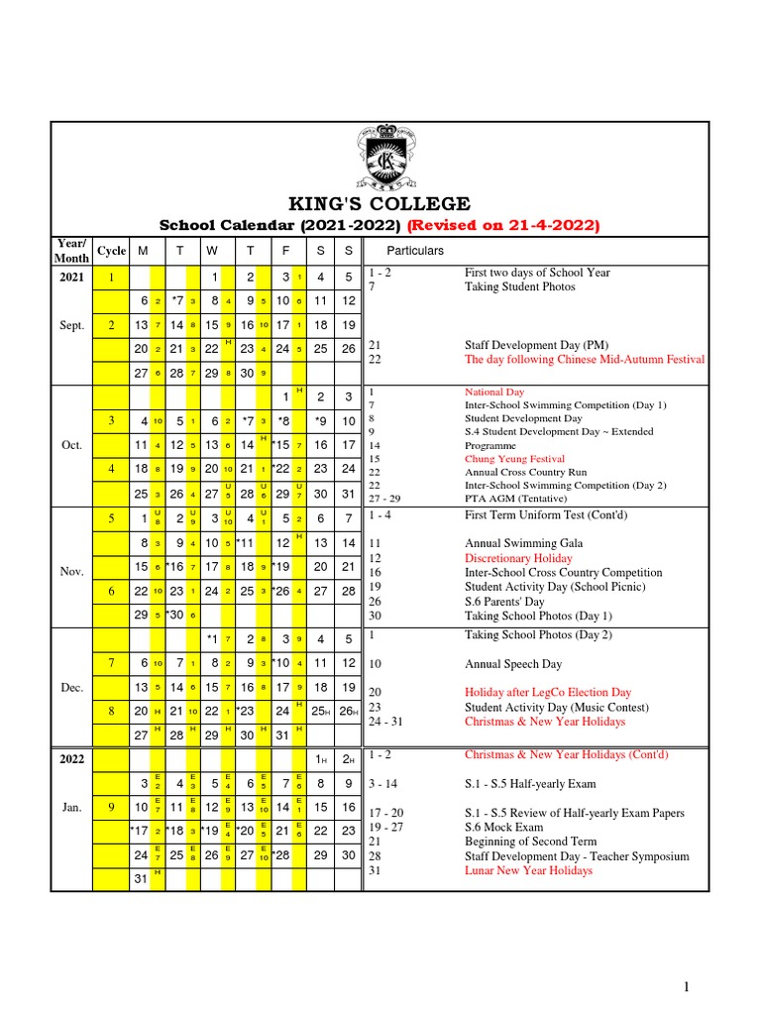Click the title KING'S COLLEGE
click(x=380, y=204)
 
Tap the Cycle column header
click(x=111, y=251)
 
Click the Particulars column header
click(x=414, y=251)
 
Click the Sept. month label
click(x=71, y=324)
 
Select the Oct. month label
click(x=71, y=445)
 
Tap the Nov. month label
click(x=71, y=572)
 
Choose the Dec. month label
click(x=71, y=686)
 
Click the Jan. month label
click(x=71, y=807)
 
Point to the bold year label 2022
click(x=71, y=758)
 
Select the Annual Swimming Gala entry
click(x=523, y=543)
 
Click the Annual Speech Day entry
click(x=513, y=664)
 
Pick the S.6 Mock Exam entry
click(x=504, y=827)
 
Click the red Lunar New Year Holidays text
click(x=528, y=870)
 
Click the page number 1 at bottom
click(x=684, y=986)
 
